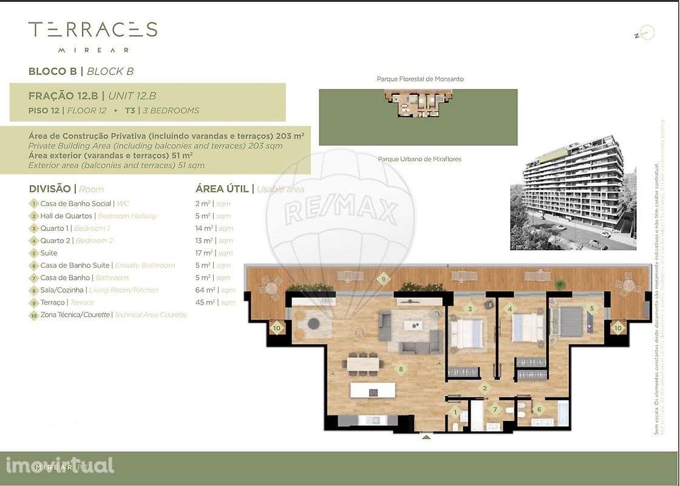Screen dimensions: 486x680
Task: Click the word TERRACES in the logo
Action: click(93, 29)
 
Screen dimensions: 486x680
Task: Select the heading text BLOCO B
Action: click(53, 71)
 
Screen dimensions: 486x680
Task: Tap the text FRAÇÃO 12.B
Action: click(63, 96)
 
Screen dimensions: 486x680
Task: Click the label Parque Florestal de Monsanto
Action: click(420, 79)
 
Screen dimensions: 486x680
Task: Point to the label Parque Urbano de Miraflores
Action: click(420, 159)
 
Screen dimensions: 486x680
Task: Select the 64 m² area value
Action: click(204, 290)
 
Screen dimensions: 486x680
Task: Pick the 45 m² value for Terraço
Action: click(204, 303)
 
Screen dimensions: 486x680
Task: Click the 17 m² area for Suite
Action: click(204, 253)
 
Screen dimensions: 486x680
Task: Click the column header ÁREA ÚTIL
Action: click(222, 189)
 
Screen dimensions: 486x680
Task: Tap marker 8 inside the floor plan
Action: click(400, 368)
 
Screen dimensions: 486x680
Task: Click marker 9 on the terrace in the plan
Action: click(382, 279)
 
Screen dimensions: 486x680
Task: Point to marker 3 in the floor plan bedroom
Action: click(470, 309)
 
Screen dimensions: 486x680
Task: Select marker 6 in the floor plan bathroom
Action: click(539, 409)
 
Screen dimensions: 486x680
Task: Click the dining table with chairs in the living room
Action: click(362, 363)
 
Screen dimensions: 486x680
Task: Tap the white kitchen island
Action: click(372, 390)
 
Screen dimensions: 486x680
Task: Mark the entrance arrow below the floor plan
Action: click(427, 436)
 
